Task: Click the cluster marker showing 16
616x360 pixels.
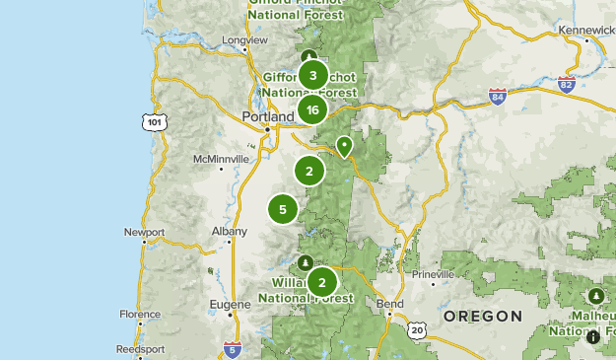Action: [x=312, y=110]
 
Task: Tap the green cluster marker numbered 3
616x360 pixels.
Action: [x=312, y=75]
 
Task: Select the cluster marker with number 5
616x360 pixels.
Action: [x=283, y=209]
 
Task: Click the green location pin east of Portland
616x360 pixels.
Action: [x=344, y=146]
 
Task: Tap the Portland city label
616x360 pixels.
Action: [x=268, y=116]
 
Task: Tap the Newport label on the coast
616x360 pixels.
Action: [x=144, y=233]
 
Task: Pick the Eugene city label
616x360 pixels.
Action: [x=231, y=306]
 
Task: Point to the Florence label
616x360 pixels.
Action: [x=140, y=315]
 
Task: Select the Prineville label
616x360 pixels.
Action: [x=435, y=272]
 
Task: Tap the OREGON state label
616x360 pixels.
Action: [x=482, y=316]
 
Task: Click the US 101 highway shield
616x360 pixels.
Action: [x=153, y=121]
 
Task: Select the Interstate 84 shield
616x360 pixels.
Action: [x=499, y=97]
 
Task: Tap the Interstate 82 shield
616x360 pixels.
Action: [x=565, y=84]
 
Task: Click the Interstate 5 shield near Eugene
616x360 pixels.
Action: [x=232, y=348]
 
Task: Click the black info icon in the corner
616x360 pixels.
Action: [x=593, y=337]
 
